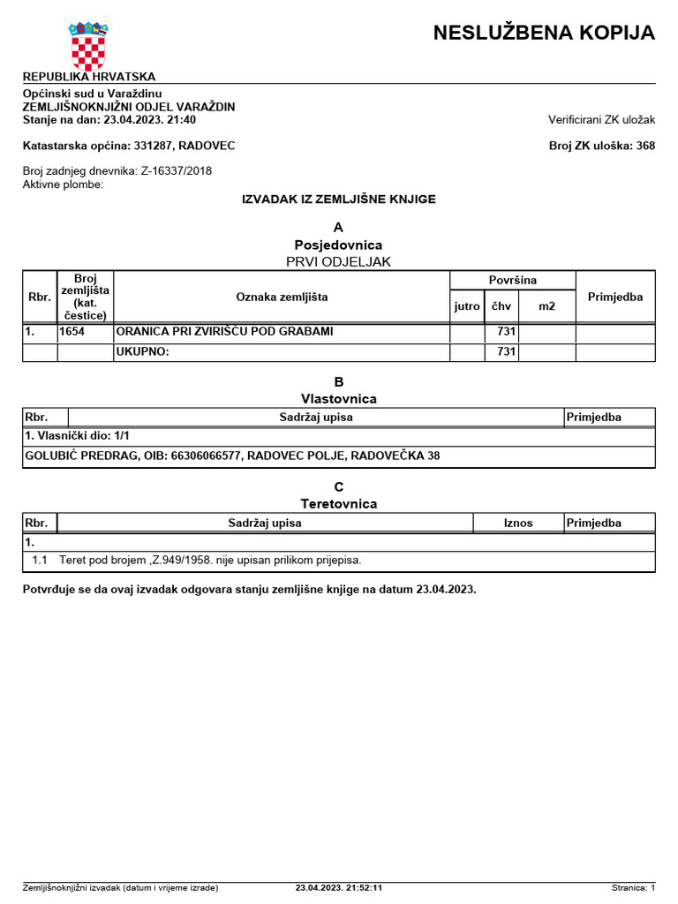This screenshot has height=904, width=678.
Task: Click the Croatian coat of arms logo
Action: pos(87,46)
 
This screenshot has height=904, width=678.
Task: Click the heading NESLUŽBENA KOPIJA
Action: pos(544,34)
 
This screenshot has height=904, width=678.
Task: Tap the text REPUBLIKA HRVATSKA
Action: pos(88,77)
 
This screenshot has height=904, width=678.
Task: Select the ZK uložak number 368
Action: pos(644,146)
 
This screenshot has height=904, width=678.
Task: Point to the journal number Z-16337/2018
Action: pos(176,171)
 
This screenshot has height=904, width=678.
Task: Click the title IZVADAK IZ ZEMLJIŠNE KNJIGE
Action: pos(339,200)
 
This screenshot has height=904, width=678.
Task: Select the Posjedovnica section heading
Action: pos(338,245)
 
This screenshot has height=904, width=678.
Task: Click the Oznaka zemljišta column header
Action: pos(282,298)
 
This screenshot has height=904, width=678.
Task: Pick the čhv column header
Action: pos(501,306)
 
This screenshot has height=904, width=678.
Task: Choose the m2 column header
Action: pos(547,306)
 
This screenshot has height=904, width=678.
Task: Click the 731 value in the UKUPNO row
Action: pos(506,352)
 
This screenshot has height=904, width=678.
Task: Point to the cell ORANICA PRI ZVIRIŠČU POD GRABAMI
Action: pos(225,332)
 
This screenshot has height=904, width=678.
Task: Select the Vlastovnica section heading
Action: pos(338,399)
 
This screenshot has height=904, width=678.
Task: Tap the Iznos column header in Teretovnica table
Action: pos(518,523)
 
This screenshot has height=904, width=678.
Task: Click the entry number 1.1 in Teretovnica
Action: pos(40,561)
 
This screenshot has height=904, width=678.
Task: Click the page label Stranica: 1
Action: pos(633,888)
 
